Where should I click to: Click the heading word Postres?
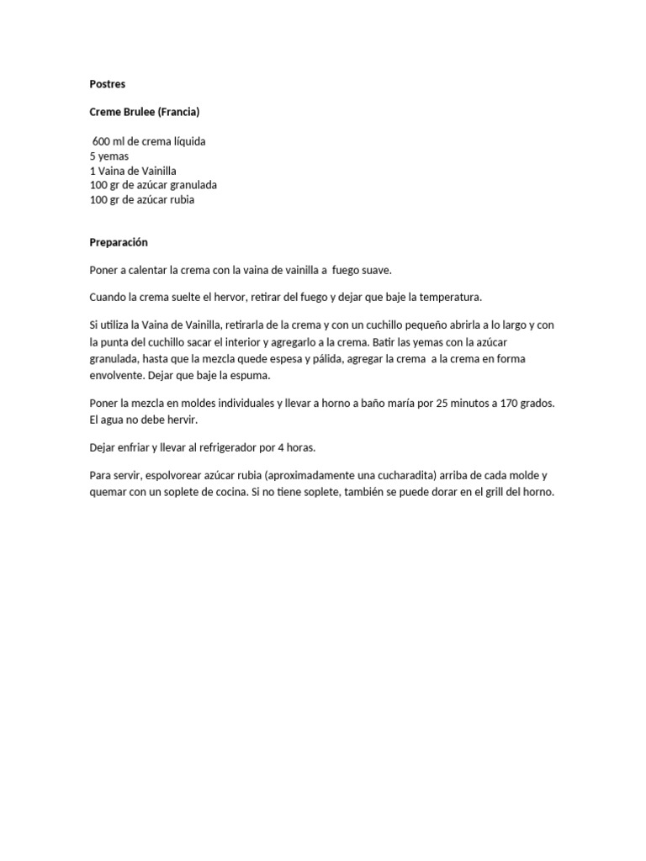(x=107, y=84)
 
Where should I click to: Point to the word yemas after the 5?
(x=112, y=156)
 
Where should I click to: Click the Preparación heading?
(x=119, y=242)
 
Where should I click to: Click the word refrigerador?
(x=230, y=447)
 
